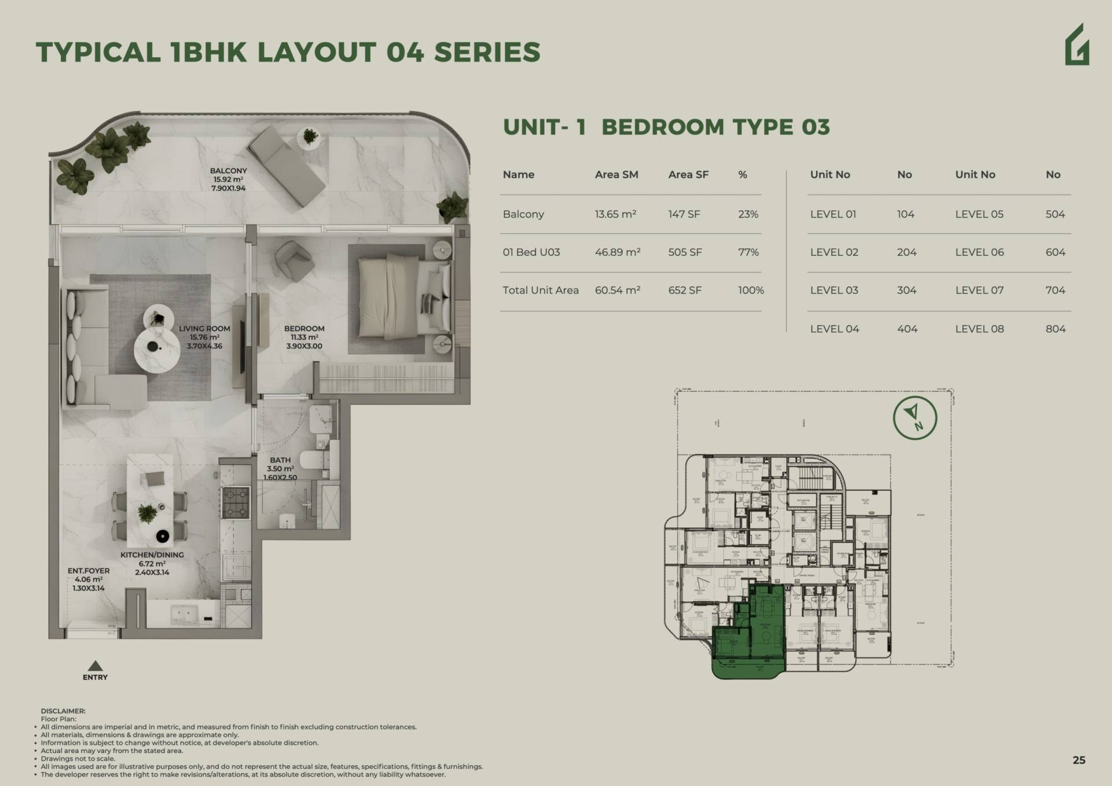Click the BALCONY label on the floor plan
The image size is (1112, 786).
(x=228, y=171)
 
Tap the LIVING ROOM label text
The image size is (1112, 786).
(x=204, y=329)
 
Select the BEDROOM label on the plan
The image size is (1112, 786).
(x=304, y=329)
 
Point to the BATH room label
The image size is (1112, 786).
(x=280, y=460)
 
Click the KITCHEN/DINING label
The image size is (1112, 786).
(x=152, y=555)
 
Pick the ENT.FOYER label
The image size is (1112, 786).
(x=89, y=571)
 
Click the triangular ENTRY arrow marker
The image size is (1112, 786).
(x=95, y=666)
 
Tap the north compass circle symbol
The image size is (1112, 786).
(x=915, y=418)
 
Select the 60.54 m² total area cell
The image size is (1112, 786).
(x=617, y=291)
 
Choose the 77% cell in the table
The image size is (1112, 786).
(x=748, y=252)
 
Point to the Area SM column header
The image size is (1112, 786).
(x=616, y=175)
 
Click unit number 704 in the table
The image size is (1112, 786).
(x=1055, y=291)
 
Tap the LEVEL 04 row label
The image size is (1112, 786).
(x=834, y=329)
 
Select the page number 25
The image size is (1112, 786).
(x=1078, y=760)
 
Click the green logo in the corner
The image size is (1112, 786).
(x=1077, y=45)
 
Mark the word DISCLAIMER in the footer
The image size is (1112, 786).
(x=63, y=711)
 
